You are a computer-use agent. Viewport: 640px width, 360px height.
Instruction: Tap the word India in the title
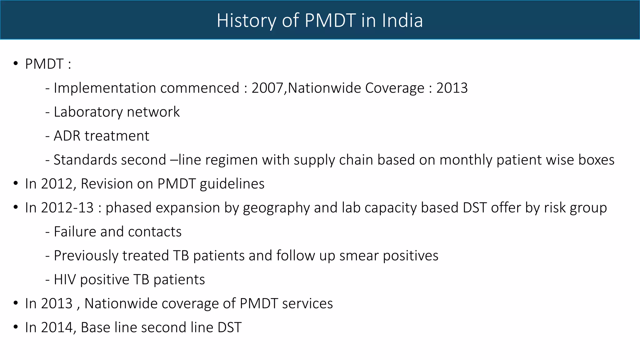pyautogui.click(x=402, y=21)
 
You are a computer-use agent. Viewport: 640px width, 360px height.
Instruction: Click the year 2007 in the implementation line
pyautogui.click(x=267, y=88)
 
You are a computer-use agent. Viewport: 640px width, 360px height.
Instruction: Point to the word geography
pyautogui.click(x=276, y=208)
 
